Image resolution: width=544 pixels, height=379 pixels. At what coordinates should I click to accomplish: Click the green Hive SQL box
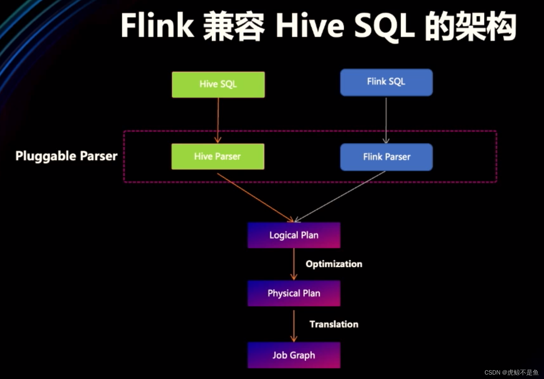(218, 84)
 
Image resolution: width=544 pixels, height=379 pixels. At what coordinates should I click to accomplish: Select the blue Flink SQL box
(386, 82)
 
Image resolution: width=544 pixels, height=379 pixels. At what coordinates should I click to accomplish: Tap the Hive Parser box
(218, 156)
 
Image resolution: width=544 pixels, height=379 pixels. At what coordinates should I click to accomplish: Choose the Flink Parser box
(386, 157)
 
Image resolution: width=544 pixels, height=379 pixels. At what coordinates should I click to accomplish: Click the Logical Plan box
(294, 235)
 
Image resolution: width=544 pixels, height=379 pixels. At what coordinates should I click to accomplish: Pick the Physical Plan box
(294, 293)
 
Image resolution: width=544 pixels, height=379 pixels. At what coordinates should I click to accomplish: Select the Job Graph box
(294, 355)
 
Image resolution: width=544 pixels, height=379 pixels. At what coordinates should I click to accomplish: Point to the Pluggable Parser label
(66, 156)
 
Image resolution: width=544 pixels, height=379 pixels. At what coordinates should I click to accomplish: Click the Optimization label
(334, 264)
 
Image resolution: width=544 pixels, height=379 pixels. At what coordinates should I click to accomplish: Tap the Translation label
(334, 324)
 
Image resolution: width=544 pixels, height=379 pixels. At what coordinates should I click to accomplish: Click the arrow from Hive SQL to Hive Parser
(218, 120)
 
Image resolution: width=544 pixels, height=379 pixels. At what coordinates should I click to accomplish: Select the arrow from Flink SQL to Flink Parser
(386, 120)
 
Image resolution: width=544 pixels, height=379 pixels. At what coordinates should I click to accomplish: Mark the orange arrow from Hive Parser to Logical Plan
(255, 198)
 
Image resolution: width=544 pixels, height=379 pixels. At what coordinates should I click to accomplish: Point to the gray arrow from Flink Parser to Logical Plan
(340, 196)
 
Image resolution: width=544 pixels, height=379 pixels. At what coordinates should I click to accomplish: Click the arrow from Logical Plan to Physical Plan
(294, 264)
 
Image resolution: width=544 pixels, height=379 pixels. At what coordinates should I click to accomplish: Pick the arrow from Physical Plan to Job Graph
(294, 326)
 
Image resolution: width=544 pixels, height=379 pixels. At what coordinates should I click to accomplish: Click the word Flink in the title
(157, 25)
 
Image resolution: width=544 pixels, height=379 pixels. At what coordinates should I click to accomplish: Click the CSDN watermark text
(511, 372)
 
